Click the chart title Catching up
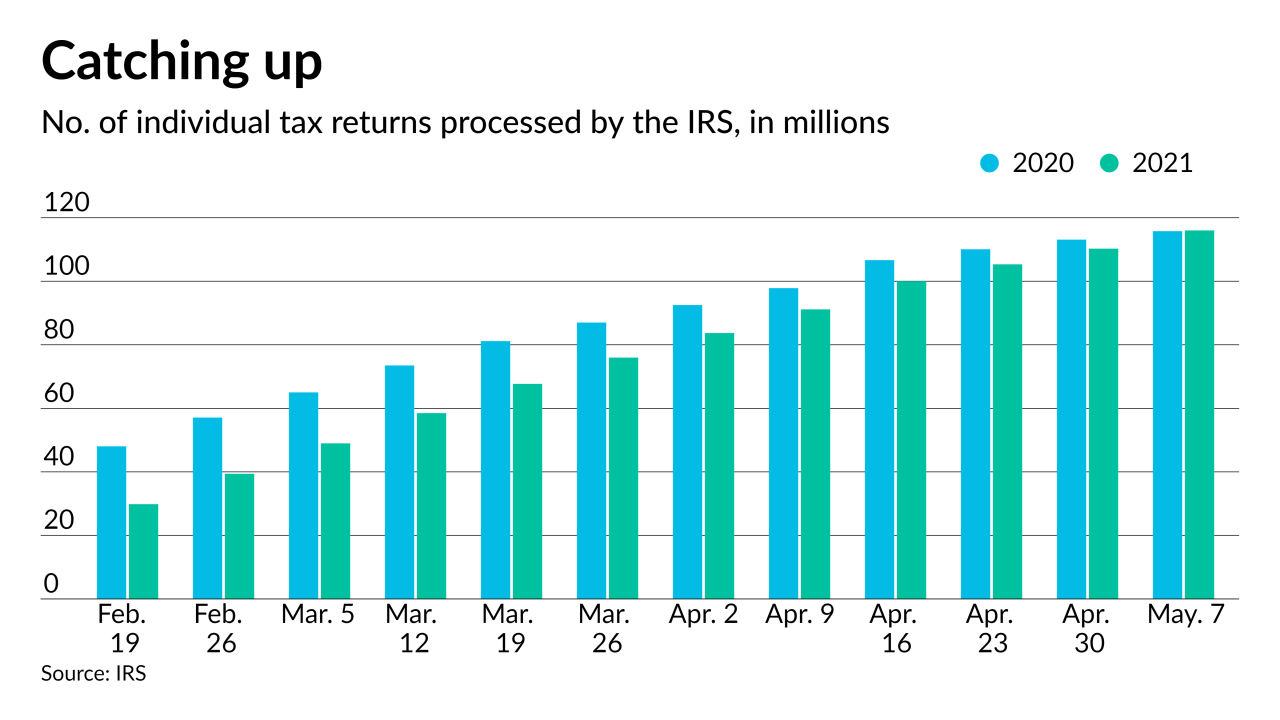click(181, 62)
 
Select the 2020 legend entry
click(1027, 163)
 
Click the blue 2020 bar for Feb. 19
click(111, 522)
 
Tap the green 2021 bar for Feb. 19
click(143, 551)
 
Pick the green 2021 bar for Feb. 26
click(239, 536)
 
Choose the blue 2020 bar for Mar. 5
click(303, 495)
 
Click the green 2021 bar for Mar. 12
click(431, 506)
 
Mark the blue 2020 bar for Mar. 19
click(495, 470)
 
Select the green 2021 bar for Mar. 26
click(623, 478)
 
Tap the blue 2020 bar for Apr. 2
click(687, 452)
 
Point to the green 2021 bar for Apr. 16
click(911, 440)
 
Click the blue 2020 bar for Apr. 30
click(1071, 419)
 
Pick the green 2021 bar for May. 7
click(1199, 415)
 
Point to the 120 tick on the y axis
click(66, 204)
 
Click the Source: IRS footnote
click(93, 674)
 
